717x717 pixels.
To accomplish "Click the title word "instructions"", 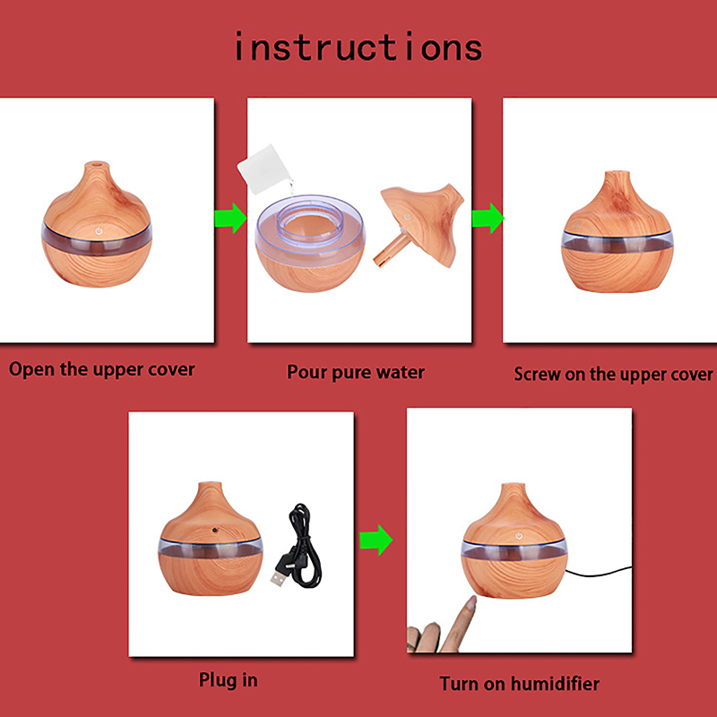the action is point(358,47).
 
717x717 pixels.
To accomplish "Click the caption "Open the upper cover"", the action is point(101,370).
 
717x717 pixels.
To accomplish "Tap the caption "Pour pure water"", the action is point(355,372).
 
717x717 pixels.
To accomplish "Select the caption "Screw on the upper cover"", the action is point(613,375).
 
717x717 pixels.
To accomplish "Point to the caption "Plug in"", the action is point(228,680).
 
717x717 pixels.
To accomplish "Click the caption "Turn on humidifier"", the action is point(519,684).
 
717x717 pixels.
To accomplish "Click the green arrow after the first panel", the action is point(230,218).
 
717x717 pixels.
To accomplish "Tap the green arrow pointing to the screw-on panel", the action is point(488,218).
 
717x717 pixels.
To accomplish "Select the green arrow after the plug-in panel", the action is point(376,540).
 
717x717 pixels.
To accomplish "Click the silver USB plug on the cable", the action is point(279,577).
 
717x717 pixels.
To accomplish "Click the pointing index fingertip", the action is point(471,601).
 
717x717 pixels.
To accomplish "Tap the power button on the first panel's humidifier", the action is point(99,231).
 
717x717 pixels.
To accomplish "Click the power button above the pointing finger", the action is point(519,535).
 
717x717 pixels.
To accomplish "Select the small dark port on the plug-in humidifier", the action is point(214,530).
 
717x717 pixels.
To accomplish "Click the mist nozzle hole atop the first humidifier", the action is point(97,163).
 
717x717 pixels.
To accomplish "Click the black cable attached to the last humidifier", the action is point(599,572).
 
